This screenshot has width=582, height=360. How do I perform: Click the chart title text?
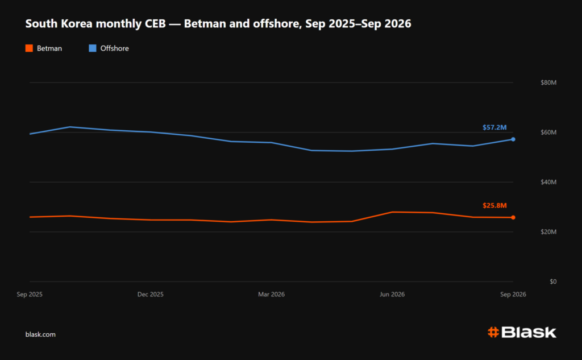pyautogui.click(x=218, y=24)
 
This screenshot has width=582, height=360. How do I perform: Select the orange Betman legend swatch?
pyautogui.click(x=29, y=48)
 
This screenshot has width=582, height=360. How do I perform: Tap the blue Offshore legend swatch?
pyautogui.click(x=93, y=48)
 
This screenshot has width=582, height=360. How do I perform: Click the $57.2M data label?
pyautogui.click(x=494, y=127)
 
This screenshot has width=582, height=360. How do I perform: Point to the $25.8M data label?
pyautogui.click(x=494, y=205)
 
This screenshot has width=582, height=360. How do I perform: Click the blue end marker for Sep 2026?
pyautogui.click(x=513, y=139)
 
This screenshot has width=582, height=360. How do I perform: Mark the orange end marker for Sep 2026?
pyautogui.click(x=513, y=217)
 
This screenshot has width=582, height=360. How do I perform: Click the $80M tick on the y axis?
pyautogui.click(x=548, y=82)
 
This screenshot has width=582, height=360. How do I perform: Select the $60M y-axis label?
pyautogui.click(x=548, y=133)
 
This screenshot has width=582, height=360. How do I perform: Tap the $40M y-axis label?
pyautogui.click(x=548, y=182)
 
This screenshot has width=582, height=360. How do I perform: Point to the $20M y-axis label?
pyautogui.click(x=548, y=232)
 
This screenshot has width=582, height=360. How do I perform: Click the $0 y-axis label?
pyautogui.click(x=553, y=282)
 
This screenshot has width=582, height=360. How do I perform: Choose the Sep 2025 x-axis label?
pyautogui.click(x=30, y=294)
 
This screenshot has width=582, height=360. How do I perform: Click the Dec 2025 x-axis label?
pyautogui.click(x=150, y=294)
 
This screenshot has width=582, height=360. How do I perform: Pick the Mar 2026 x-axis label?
pyautogui.click(x=271, y=294)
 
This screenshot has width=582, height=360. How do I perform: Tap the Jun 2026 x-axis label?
pyautogui.click(x=392, y=294)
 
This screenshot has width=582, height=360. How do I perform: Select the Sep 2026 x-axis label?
pyautogui.click(x=513, y=294)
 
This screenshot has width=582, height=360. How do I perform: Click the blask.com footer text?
pyautogui.click(x=40, y=334)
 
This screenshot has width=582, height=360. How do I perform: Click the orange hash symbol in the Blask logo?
pyautogui.click(x=493, y=332)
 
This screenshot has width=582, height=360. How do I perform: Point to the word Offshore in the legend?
pyautogui.click(x=114, y=48)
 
